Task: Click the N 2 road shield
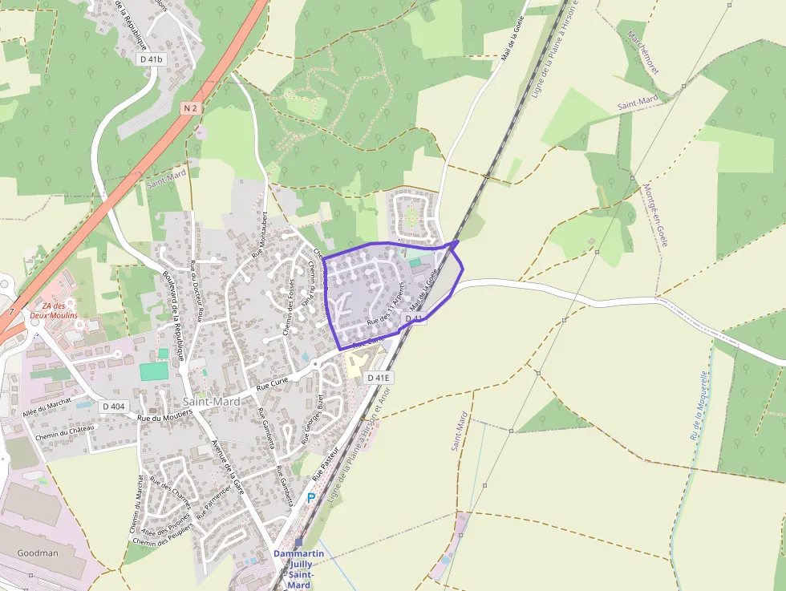pyautogui.click(x=190, y=107)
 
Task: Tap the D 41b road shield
pyautogui.click(x=150, y=59)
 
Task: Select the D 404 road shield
pyautogui.click(x=114, y=407)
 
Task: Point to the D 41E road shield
pyautogui.click(x=379, y=378)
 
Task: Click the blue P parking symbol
pyautogui.click(x=311, y=498)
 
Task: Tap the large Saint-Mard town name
pyautogui.click(x=212, y=401)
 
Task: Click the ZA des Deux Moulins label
pyautogui.click(x=55, y=310)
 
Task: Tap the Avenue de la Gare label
pyautogui.click(x=226, y=467)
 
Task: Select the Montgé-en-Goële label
pyautogui.click(x=655, y=215)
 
